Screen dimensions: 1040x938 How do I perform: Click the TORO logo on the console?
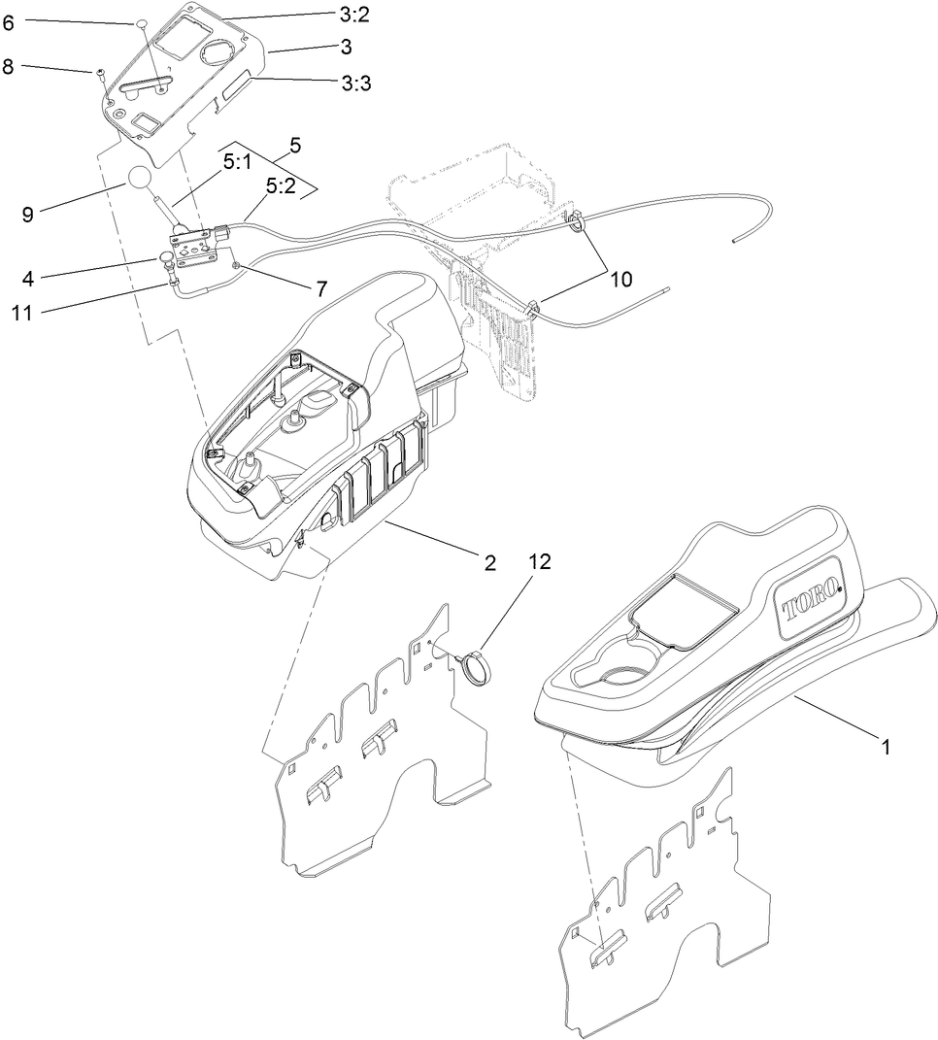808,602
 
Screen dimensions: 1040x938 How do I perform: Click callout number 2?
490,562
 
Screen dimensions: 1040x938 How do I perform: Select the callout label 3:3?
356,84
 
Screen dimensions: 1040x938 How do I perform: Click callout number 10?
620,280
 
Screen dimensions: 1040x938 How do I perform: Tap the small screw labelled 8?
101,73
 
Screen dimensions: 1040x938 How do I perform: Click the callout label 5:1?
237,165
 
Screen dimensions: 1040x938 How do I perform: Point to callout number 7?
320,288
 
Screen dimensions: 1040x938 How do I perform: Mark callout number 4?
29,280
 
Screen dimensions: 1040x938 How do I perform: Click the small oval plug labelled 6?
140,22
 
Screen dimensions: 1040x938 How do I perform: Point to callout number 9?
27,215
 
